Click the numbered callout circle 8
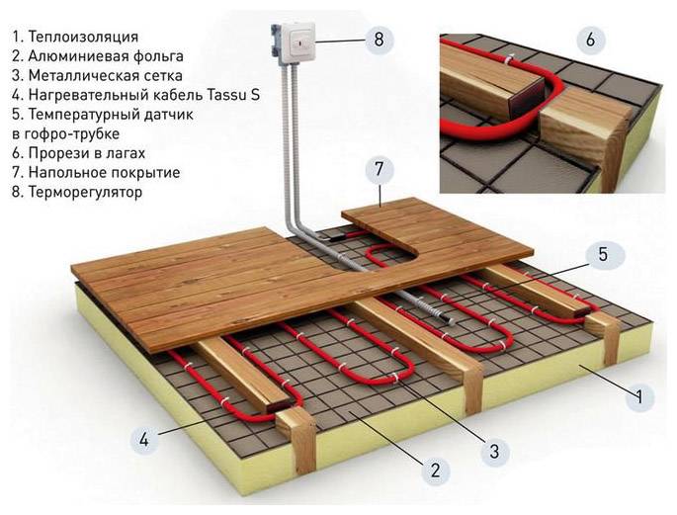[x=379, y=40]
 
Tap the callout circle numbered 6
[x=590, y=40]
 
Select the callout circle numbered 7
[x=380, y=170]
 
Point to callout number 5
[x=603, y=255]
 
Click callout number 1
[x=640, y=395]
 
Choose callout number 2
[x=435, y=470]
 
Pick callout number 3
[x=495, y=452]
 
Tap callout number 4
[x=143, y=440]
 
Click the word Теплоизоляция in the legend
[x=83, y=38]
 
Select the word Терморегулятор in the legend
[x=85, y=192]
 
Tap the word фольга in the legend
[x=158, y=56]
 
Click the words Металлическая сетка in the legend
[x=106, y=75]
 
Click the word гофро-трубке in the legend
[x=71, y=134]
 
